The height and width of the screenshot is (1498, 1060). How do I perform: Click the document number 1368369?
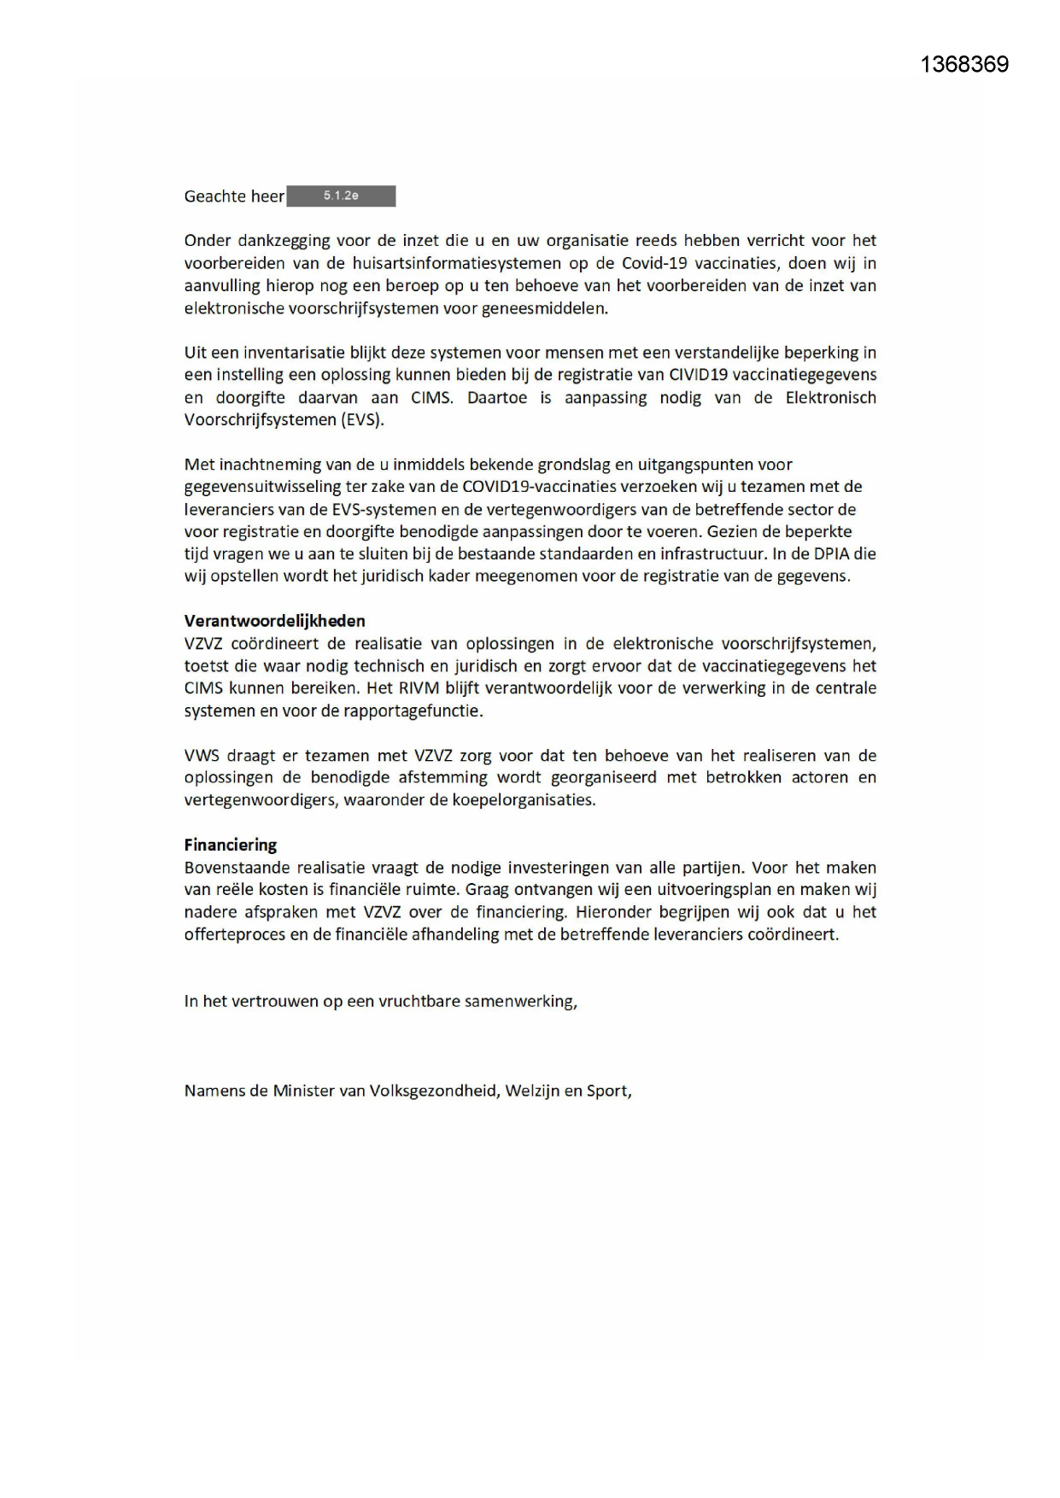[964, 65]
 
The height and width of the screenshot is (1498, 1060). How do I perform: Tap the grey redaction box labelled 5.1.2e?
[341, 196]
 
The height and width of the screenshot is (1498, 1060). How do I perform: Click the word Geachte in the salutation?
[215, 196]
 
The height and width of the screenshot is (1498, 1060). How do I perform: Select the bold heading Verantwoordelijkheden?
[274, 621]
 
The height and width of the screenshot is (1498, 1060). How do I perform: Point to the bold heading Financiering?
[231, 845]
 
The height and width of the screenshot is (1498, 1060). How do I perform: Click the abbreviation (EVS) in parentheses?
[362, 419]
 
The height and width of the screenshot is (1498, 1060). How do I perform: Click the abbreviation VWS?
[201, 756]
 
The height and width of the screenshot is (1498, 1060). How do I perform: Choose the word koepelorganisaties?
[524, 800]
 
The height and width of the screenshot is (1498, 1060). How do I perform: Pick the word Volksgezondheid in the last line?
[433, 1091]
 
